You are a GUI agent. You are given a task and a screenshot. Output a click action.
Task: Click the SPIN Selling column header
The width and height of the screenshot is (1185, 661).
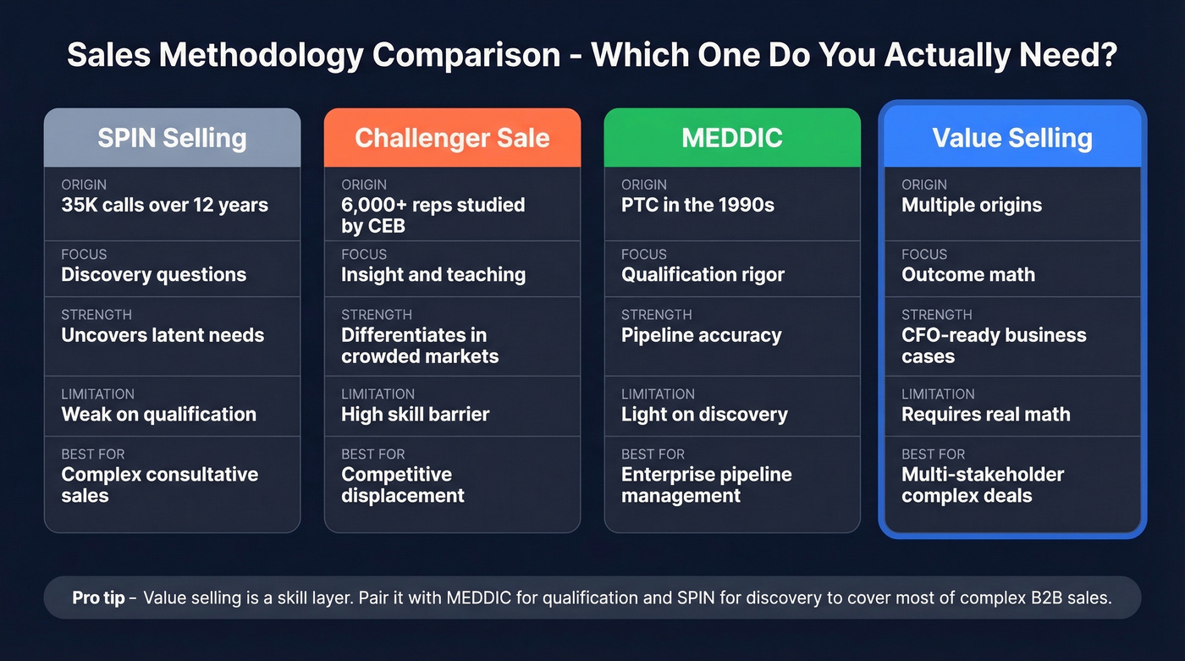click(172, 138)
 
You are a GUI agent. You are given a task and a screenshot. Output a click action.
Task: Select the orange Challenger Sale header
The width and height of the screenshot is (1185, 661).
click(452, 138)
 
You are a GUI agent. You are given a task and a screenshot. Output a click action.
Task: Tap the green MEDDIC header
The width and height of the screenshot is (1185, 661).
click(732, 138)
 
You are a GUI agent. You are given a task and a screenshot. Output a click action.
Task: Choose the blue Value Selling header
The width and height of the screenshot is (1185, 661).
click(1012, 138)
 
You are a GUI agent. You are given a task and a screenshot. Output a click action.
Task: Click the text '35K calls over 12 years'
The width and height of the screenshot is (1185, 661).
click(164, 206)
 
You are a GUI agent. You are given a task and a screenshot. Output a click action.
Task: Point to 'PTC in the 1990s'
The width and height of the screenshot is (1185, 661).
click(697, 206)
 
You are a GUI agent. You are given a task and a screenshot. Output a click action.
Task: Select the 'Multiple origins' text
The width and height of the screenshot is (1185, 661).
click(972, 206)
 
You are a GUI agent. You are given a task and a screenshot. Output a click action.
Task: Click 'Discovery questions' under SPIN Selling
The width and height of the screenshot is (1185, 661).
click(153, 275)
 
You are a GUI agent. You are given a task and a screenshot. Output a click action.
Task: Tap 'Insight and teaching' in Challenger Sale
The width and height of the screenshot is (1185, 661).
click(433, 275)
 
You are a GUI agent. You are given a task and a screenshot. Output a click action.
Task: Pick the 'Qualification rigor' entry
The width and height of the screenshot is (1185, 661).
click(703, 275)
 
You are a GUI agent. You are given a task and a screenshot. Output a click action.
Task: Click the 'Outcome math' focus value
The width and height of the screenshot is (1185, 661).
click(968, 275)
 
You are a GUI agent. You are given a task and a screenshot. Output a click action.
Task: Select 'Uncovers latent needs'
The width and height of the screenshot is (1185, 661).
click(163, 335)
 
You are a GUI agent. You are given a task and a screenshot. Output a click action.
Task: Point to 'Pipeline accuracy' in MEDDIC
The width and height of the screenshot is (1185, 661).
click(701, 335)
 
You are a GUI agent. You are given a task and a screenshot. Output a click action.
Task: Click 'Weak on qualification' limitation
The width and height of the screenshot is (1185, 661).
click(158, 415)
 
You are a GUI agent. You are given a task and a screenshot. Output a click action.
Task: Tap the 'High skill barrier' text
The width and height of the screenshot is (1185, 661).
click(415, 415)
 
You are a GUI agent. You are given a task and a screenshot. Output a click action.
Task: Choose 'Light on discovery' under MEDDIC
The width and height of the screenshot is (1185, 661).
click(704, 415)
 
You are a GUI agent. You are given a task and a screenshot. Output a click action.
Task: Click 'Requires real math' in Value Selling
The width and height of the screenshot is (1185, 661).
click(986, 415)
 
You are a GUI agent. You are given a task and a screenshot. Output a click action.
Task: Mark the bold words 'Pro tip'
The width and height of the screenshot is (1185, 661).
click(98, 598)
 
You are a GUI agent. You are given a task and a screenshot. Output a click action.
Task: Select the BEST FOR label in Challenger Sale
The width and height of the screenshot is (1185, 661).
click(373, 454)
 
